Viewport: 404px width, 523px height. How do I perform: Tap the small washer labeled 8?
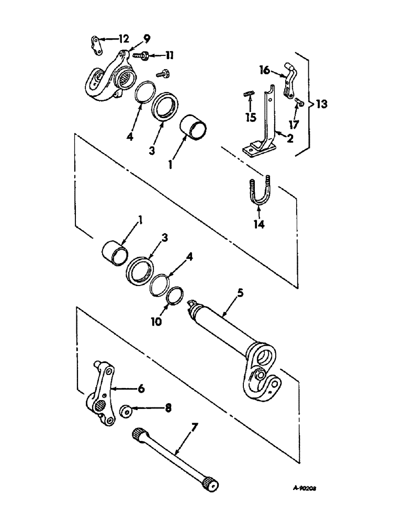[126, 410]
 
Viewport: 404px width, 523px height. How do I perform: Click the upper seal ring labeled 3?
[166, 107]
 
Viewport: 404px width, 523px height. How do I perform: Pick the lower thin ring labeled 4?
[160, 286]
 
